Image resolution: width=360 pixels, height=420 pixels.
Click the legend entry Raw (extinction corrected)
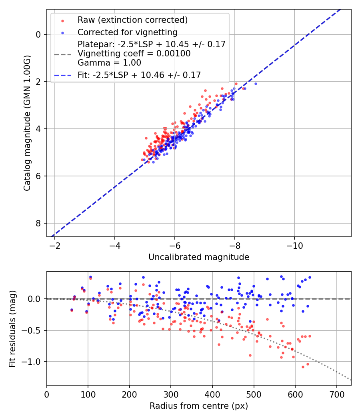(132, 20)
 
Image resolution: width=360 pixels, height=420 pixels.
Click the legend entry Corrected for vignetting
(127, 32)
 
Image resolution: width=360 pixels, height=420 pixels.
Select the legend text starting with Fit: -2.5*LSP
(139, 75)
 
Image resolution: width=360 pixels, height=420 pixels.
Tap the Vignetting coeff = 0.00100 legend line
(134, 54)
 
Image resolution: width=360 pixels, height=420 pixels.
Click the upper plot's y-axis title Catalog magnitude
(27, 123)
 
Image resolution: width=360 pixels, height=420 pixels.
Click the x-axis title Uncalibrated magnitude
(199, 257)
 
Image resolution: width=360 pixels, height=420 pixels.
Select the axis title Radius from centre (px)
(199, 406)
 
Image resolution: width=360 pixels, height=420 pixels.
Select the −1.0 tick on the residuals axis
(33, 362)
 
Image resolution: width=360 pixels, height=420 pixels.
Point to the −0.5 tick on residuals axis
(33, 330)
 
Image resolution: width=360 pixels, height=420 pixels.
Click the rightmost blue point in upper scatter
(256, 84)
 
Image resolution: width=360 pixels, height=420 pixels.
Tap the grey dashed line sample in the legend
(62, 54)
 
